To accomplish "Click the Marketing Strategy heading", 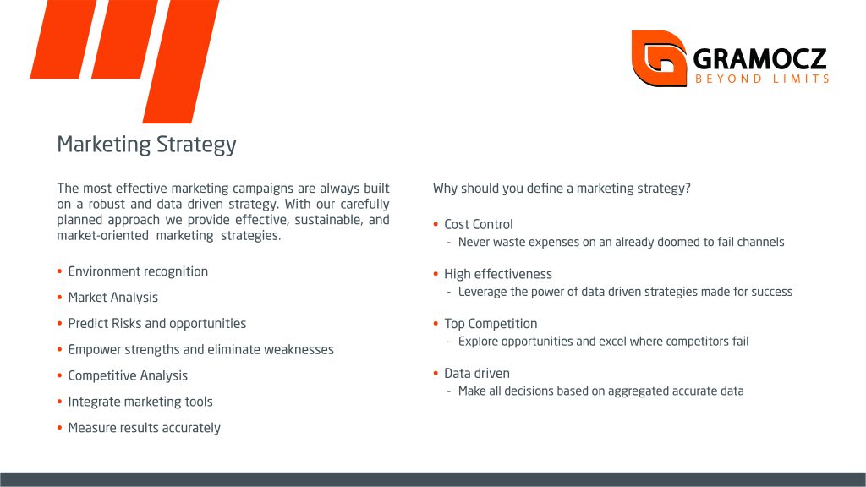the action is tap(146, 145).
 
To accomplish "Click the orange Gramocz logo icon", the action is tap(659, 58).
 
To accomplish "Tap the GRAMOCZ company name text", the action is tap(759, 58).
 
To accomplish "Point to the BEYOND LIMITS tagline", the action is tap(762, 79).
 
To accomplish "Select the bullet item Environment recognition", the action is tap(138, 271).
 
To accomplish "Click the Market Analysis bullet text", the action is tap(112, 298).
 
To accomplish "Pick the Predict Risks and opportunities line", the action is tap(156, 324).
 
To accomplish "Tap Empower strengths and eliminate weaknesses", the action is tap(201, 349).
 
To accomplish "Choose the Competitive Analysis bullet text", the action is tap(128, 375).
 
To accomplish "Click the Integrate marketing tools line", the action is tap(140, 402).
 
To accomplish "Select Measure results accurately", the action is tap(144, 427).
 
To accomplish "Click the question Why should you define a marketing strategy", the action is tap(562, 189).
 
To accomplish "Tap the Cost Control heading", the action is tap(479, 224).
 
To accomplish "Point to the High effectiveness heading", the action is tap(498, 274).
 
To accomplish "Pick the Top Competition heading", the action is tap(491, 324).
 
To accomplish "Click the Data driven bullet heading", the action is tap(477, 373).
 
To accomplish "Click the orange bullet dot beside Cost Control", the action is tap(436, 224).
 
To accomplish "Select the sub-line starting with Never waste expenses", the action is tap(622, 242).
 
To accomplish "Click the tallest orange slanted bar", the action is tap(181, 61).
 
